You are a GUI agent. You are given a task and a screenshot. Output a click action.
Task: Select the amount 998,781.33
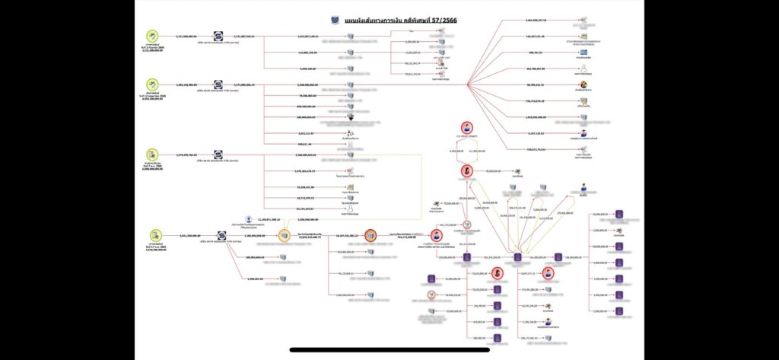537,53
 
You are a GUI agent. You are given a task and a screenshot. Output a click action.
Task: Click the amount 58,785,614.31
537,85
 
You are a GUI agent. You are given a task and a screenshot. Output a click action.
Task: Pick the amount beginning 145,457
537,36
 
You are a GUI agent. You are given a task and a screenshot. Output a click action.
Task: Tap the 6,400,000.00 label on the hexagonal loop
456,151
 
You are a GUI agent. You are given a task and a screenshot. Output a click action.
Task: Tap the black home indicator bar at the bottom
389,351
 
